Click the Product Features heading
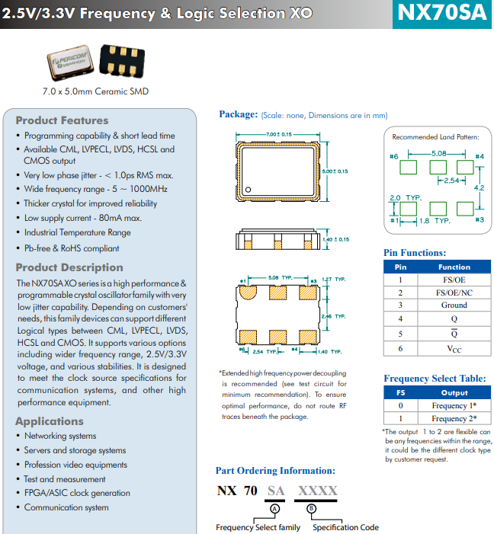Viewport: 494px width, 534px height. [62, 120]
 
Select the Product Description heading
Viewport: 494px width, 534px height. [69, 267]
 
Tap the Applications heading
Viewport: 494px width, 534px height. [50, 421]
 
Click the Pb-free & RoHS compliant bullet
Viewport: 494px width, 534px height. [72, 248]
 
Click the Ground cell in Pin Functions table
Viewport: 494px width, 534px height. [454, 305]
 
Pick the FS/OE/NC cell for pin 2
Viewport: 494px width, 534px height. [454, 292]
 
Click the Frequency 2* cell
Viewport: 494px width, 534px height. [454, 418]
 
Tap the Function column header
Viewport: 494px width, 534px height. [454, 267]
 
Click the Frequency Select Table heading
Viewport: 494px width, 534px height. [434, 379]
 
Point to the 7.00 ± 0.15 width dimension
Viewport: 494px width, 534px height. [278, 135]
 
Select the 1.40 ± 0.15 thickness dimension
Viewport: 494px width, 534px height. [335, 239]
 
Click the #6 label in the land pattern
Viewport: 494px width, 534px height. [394, 157]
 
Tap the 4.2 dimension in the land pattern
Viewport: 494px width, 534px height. [480, 187]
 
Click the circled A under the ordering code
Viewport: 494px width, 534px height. [276, 507]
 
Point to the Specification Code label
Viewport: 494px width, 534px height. [345, 527]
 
